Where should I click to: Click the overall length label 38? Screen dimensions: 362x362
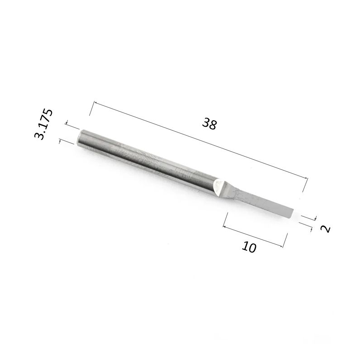coord(210,124)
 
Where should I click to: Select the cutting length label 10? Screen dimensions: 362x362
coord(249,247)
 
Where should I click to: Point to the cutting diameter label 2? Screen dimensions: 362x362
coord(325,229)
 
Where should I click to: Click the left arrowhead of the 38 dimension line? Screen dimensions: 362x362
coord(95,102)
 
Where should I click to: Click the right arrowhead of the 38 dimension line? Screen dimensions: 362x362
coord(306,178)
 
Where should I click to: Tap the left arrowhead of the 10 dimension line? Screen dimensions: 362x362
coord(224,227)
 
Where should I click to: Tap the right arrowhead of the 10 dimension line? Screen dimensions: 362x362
coord(281,246)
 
